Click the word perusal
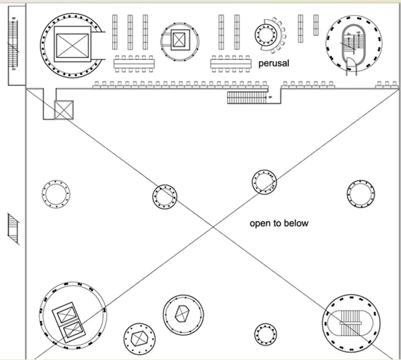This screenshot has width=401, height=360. pyautogui.click(x=274, y=64)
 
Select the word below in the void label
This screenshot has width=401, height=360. pyautogui.click(x=297, y=223)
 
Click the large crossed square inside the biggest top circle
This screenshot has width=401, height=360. pyautogui.click(x=72, y=45)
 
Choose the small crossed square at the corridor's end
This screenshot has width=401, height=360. pyautogui.click(x=64, y=110)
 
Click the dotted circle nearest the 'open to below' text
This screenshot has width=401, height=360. pyautogui.click(x=264, y=182)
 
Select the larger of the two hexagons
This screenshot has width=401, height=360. pyautogui.click(x=182, y=314)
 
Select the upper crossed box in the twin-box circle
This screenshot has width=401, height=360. pyautogui.click(x=69, y=315)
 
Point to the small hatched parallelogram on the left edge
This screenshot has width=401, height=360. pyautogui.click(x=14, y=229)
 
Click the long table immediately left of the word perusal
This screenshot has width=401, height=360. pyautogui.click(x=232, y=64)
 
